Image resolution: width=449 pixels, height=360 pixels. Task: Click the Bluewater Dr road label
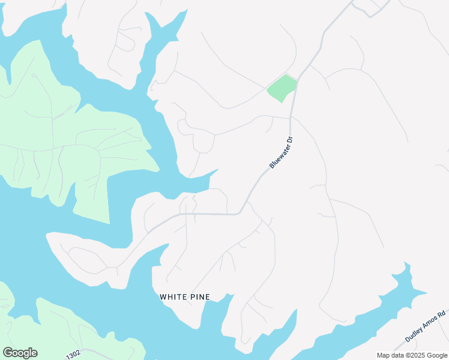(281, 152)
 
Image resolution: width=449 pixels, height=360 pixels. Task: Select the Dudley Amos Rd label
(425, 326)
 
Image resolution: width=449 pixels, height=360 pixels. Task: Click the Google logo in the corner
(20, 353)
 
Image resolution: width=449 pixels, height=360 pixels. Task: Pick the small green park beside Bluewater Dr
(282, 88)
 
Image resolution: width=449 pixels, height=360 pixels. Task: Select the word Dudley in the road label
(415, 334)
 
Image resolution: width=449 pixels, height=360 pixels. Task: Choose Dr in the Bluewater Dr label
(289, 140)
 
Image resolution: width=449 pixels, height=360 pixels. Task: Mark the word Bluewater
(278, 157)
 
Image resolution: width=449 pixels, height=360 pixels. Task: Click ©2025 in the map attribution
(414, 355)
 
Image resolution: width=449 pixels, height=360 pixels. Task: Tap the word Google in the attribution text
(436, 355)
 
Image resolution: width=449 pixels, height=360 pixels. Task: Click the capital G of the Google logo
(8, 353)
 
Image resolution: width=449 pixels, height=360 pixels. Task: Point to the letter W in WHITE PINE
(163, 297)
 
